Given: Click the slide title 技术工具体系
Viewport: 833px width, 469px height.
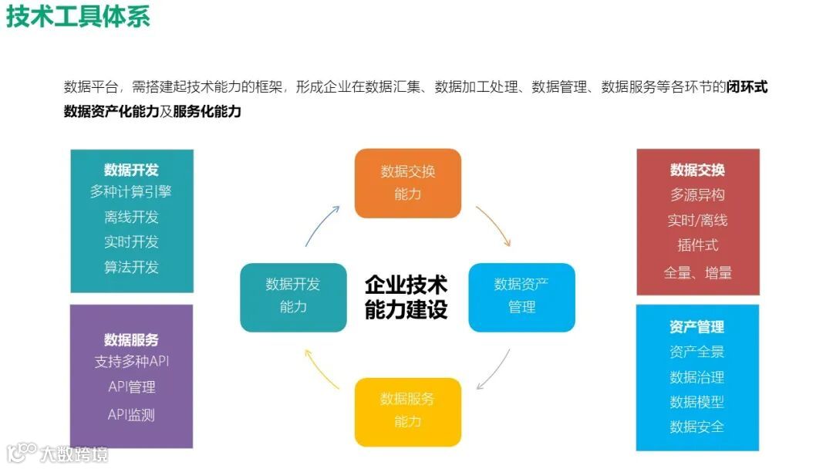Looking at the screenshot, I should pyautogui.click(x=78, y=16).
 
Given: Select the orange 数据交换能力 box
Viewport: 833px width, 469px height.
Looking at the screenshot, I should pyautogui.click(x=407, y=183).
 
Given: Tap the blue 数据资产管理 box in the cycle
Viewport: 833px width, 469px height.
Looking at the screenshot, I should pyautogui.click(x=521, y=296).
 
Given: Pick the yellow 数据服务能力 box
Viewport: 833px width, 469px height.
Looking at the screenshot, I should pyautogui.click(x=407, y=410).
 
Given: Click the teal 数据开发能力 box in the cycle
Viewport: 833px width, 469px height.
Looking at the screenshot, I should pyautogui.click(x=293, y=296).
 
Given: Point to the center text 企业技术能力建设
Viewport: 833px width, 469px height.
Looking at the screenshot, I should pyautogui.click(x=406, y=297).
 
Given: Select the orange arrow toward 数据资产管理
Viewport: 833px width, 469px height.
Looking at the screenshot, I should pyautogui.click(x=494, y=224).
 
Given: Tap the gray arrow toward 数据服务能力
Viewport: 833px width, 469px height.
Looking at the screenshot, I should pyautogui.click(x=494, y=369).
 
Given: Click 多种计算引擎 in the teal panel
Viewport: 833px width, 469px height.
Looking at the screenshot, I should pyautogui.click(x=131, y=192).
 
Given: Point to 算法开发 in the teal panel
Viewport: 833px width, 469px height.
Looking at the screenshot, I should pyautogui.click(x=131, y=267).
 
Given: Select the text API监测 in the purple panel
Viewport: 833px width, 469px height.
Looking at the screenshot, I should pyautogui.click(x=131, y=414).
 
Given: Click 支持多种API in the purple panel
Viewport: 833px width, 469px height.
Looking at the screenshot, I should pyautogui.click(x=131, y=361).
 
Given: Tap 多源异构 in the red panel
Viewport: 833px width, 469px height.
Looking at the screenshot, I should pyautogui.click(x=697, y=195).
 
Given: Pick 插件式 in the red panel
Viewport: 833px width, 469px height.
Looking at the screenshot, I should pyautogui.click(x=697, y=245).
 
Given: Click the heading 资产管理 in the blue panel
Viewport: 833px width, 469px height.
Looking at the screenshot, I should pyautogui.click(x=697, y=327).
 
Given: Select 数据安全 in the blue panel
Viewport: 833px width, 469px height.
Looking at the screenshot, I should pyautogui.click(x=697, y=427).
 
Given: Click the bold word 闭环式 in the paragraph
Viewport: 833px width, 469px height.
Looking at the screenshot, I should pyautogui.click(x=747, y=86).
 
